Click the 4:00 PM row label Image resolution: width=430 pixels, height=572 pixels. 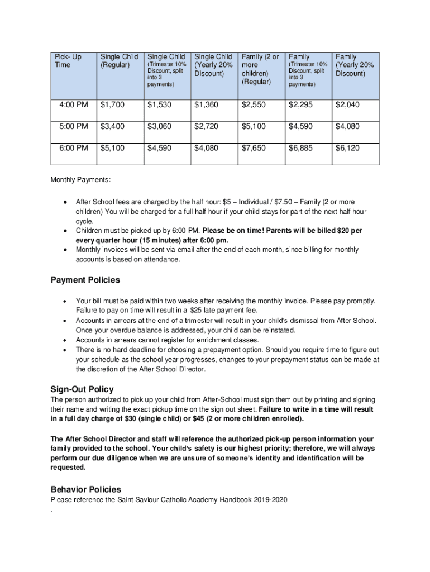click(x=74, y=104)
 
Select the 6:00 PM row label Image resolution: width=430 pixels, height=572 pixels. click(x=74, y=148)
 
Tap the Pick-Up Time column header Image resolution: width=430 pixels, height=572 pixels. click(x=68, y=61)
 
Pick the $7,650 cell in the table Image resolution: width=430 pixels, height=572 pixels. click(x=254, y=148)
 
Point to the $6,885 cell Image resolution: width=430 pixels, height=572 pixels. click(x=300, y=148)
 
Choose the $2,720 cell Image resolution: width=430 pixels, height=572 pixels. click(x=207, y=126)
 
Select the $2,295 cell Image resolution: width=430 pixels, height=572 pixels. click(x=300, y=104)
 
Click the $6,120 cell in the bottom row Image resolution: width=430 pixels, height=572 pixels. click(x=347, y=148)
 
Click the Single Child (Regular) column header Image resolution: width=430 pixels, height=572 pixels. click(x=119, y=61)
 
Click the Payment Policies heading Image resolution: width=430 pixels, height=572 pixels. click(x=85, y=279)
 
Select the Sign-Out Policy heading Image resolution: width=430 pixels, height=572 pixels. click(x=82, y=389)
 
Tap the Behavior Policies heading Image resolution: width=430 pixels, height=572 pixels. click(x=85, y=489)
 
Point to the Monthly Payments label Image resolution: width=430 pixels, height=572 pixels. click(x=80, y=180)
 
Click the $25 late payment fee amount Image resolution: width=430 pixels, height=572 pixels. click(x=195, y=310)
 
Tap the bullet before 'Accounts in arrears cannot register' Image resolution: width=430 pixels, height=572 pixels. click(x=65, y=340)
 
